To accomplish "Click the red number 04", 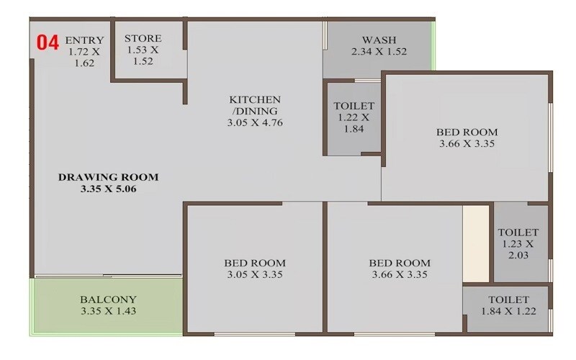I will click(48, 42).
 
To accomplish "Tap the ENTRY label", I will click(84, 40).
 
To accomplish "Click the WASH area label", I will click(379, 40).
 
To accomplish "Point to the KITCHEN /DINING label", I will click(255, 105).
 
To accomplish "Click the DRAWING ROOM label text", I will click(108, 177).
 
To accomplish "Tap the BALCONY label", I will click(108, 300).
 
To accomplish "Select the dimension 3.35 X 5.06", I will click(108, 189).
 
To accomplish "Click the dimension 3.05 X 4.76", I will click(255, 123).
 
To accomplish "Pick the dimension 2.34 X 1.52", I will click(379, 52).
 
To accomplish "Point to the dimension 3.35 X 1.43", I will click(108, 312).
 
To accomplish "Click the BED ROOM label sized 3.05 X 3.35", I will click(255, 263).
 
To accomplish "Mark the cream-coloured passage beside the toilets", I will click(476, 243).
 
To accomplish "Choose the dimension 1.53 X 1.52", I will click(143, 56).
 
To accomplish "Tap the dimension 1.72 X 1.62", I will click(85, 58).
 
